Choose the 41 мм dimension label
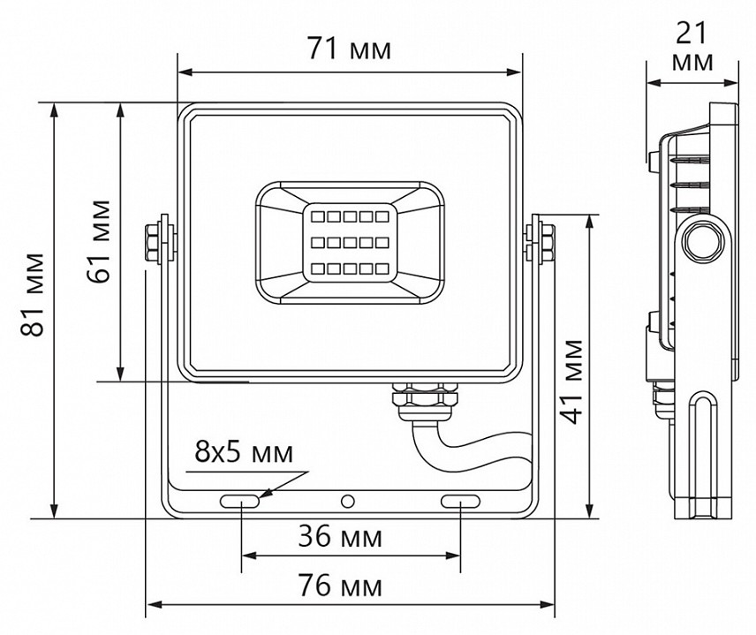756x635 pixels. [572, 380]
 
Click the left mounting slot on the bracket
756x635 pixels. [240, 502]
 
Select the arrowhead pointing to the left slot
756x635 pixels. [265, 492]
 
